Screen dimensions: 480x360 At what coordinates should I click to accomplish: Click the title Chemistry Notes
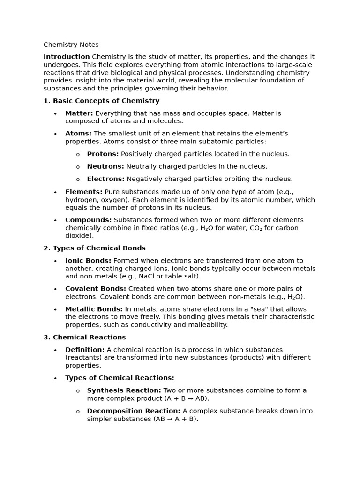71,45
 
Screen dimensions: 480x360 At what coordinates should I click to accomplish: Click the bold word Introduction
67,57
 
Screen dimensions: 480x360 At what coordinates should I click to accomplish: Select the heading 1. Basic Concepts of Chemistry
101,101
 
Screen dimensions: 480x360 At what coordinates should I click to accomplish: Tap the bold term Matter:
79,113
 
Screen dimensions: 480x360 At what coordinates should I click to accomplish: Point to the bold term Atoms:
78,134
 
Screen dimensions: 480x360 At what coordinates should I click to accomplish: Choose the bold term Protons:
103,154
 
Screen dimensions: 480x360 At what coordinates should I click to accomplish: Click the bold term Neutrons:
105,166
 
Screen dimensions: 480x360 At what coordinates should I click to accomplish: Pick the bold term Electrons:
105,179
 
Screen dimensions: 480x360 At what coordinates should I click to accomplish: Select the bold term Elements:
83,192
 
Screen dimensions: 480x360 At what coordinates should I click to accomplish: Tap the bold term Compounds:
88,220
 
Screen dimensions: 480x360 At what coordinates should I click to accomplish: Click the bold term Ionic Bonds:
88,261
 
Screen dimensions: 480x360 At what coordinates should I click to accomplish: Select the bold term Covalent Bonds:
96,289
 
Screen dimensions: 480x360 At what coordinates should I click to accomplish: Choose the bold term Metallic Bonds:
94,309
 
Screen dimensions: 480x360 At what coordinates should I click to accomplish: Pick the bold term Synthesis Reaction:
124,390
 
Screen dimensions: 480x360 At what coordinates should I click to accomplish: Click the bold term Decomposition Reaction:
134,411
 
